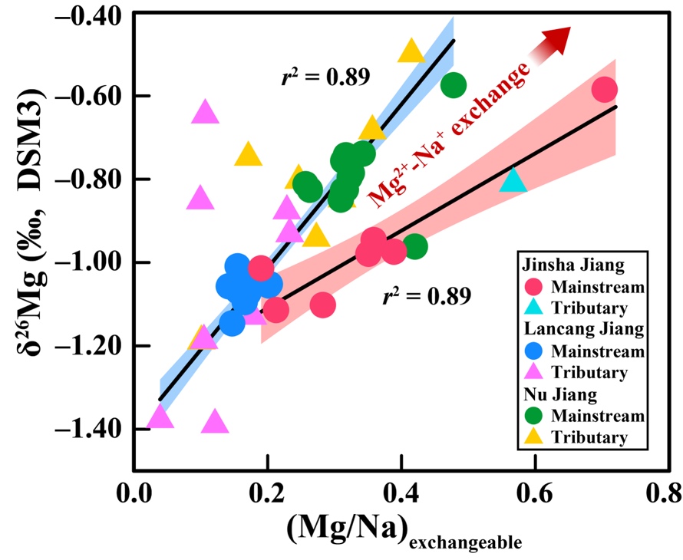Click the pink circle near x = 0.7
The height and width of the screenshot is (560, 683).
pos(605,90)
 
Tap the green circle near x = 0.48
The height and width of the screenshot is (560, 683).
pos(454,85)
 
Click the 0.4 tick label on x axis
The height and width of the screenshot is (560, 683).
pos(401,492)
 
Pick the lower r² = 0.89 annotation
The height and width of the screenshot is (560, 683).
pos(426,296)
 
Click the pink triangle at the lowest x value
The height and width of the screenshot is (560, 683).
pos(160,417)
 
